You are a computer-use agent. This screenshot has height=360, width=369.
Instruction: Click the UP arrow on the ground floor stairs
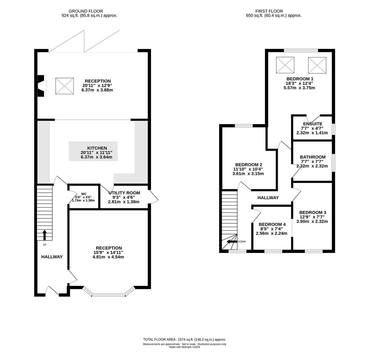click(x=44, y=235)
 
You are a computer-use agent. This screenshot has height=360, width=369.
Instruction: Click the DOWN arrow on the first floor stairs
click(x=232, y=242)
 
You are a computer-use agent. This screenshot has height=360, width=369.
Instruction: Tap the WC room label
click(x=84, y=194)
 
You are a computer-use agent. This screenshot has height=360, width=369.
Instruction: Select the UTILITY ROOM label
click(x=124, y=193)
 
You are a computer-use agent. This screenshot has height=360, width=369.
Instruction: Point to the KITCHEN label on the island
click(x=97, y=148)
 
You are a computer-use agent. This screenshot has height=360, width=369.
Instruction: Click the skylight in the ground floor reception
click(x=64, y=86)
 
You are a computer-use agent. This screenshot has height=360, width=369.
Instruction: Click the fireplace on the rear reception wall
click(x=42, y=86)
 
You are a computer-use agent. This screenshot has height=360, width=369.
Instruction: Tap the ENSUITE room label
click(x=313, y=124)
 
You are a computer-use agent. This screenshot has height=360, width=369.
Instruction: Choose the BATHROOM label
click(x=313, y=157)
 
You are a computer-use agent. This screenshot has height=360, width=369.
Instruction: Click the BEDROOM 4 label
click(x=272, y=224)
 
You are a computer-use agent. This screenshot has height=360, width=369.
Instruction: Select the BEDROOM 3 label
click(x=313, y=212)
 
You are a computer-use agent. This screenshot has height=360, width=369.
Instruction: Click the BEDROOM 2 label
click(x=249, y=165)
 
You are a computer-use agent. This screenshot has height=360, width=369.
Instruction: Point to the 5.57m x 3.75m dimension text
click(x=299, y=88)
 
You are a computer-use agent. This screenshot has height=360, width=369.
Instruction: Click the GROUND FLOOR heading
click(x=86, y=11)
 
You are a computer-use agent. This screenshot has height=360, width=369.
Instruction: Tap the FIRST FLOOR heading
click(x=269, y=11)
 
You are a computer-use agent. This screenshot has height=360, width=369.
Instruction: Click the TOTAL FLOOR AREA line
click(x=185, y=340)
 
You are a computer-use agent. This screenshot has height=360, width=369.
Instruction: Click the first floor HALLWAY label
click(x=268, y=198)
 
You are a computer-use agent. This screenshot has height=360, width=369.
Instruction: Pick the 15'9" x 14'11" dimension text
click(x=108, y=252)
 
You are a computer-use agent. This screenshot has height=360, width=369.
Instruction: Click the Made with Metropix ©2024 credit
click(x=185, y=347)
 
